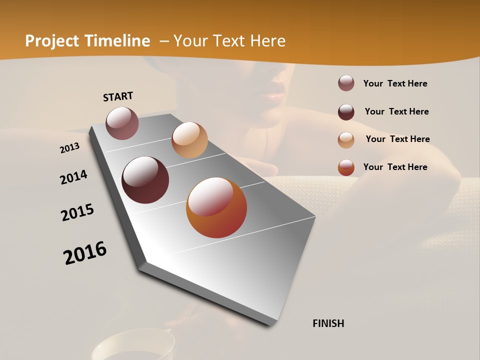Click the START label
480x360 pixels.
(x=118, y=96)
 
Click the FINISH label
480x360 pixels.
(x=328, y=323)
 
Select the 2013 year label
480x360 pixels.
(x=70, y=147)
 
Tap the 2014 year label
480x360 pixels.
(x=74, y=177)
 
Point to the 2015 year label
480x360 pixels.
(x=77, y=212)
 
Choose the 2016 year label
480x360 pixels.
(x=85, y=253)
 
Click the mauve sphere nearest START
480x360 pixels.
(x=122, y=123)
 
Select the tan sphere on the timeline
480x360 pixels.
(x=189, y=140)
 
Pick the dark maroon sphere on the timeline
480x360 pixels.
(x=145, y=180)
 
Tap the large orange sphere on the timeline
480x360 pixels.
(x=216, y=207)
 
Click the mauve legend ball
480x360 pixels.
(x=346, y=83)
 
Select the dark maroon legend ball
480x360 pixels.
(x=346, y=112)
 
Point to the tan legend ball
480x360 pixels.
(x=346, y=140)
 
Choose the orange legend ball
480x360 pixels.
(x=346, y=167)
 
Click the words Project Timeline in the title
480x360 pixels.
(x=87, y=41)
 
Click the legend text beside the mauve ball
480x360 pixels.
(x=395, y=83)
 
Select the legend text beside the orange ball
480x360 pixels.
(x=395, y=167)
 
